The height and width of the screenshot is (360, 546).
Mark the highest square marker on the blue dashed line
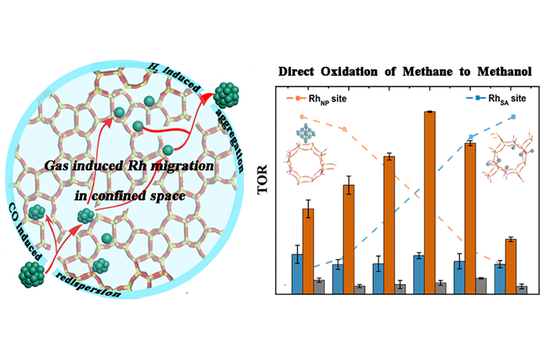(x=515, y=117)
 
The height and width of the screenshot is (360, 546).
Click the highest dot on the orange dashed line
(x=303, y=117)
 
